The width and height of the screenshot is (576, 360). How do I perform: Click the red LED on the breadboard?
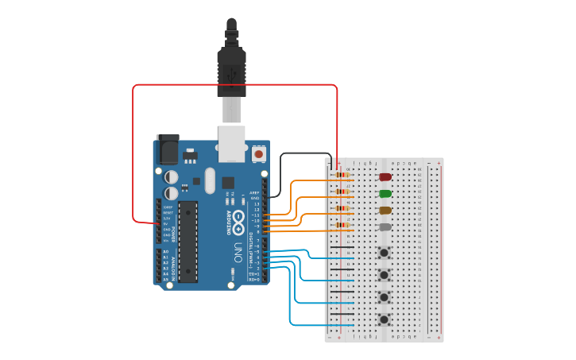[385, 177]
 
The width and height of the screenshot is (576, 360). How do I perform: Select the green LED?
[385, 193]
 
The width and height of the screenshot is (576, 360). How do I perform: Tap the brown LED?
[385, 211]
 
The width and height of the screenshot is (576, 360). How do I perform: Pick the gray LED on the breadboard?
[385, 227]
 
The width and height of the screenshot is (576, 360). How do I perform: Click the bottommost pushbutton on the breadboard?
[385, 320]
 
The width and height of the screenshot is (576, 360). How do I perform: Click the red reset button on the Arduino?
[259, 153]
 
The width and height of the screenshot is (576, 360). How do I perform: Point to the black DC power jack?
[168, 149]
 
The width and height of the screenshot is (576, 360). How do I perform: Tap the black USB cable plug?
[231, 68]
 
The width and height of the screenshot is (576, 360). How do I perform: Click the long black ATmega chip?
[187, 242]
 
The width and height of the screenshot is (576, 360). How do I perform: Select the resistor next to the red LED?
[342, 174]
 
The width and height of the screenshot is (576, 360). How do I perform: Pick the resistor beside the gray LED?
[342, 225]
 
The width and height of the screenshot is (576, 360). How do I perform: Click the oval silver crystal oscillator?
[210, 180]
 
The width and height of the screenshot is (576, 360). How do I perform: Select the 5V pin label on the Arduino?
[168, 224]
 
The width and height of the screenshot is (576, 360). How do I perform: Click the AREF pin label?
[255, 192]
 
